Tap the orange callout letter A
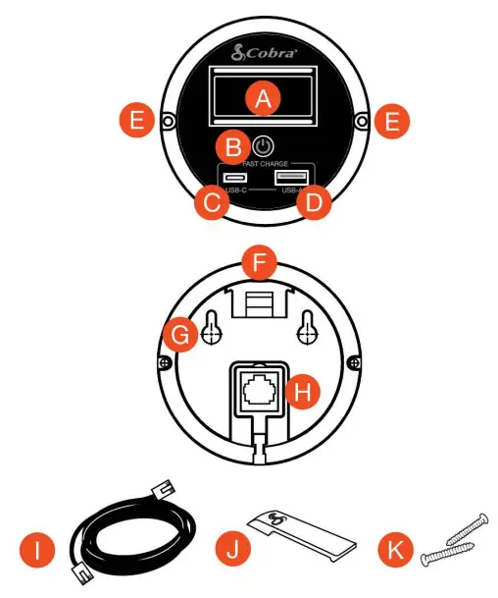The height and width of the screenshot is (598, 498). click(262, 97)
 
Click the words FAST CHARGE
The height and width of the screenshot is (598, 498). click(263, 163)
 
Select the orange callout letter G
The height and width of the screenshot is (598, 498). click(180, 338)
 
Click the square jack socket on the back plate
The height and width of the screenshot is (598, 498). click(262, 390)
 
